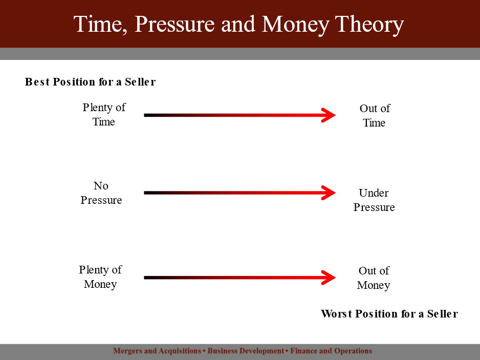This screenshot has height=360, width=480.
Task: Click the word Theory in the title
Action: click(369, 25)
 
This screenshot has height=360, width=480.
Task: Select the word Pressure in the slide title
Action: click(174, 24)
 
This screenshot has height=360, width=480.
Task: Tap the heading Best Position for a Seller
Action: click(90, 82)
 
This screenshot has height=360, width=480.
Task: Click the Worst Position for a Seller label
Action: click(389, 314)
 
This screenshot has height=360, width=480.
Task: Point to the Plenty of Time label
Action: click(104, 115)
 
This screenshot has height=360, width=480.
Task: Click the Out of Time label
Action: click(375, 116)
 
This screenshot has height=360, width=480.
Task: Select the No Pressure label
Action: click(101, 193)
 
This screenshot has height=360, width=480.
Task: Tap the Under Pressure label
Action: click(374, 200)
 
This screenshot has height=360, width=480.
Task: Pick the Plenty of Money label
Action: click(100, 277)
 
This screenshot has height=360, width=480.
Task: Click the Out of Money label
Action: click(374, 278)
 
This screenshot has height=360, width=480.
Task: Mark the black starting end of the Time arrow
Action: click(144, 115)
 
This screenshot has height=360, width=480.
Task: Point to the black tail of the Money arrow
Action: click(144, 278)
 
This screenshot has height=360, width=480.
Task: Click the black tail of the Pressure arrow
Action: click(144, 193)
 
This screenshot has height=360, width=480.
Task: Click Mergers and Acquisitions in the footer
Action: click(157, 351)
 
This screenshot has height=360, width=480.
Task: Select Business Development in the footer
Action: click(246, 351)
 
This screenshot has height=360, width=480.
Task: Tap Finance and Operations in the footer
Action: click(331, 351)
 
